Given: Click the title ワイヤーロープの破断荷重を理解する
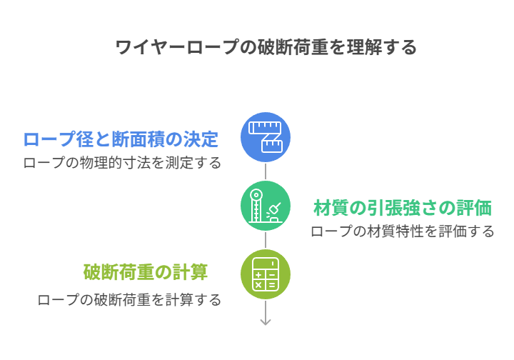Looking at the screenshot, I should [266, 48].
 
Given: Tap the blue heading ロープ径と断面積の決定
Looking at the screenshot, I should [121, 139].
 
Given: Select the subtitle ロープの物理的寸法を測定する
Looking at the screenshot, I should [122, 163].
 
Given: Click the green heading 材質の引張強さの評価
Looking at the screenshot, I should [403, 208].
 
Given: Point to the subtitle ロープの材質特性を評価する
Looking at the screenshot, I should [402, 231].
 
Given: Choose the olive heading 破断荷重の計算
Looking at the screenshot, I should [146, 272].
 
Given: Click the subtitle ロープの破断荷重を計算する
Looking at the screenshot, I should [129, 300].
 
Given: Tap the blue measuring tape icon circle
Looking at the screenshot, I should [266, 137].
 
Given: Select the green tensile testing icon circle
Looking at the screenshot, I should [266, 206].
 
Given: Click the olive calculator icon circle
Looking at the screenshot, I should [266, 274].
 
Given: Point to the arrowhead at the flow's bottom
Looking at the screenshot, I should [266, 321].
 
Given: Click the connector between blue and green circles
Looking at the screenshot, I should [266, 171].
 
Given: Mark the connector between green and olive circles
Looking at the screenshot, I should [266, 240].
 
